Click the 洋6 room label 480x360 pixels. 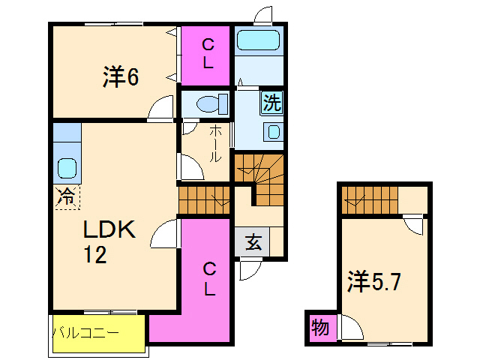pyautogui.click(x=121, y=77)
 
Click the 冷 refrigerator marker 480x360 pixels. pyautogui.click(x=66, y=197)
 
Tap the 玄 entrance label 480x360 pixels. pyautogui.click(x=253, y=242)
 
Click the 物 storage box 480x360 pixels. pyautogui.click(x=320, y=328)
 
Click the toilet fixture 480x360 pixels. pyautogui.click(x=205, y=103)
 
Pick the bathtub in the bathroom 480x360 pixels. pyautogui.click(x=257, y=40)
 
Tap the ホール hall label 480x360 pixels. pyautogui.click(x=214, y=143)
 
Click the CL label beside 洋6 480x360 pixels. pyautogui.click(x=207, y=53)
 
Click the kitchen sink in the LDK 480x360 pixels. pyautogui.click(x=67, y=169)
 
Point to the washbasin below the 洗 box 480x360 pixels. pyautogui.click(x=273, y=133)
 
